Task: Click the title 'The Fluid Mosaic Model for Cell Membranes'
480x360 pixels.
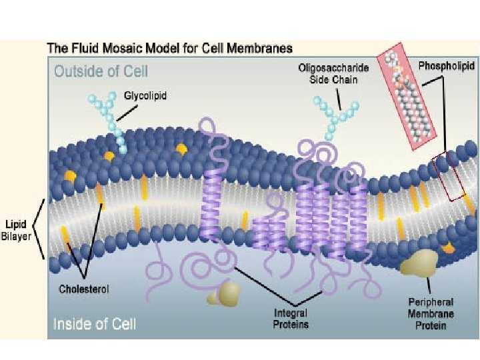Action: tap(169, 49)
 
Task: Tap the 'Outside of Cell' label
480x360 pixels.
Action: tap(101, 70)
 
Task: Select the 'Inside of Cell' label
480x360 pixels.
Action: tap(95, 324)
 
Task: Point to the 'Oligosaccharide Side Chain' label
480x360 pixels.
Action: tap(333, 75)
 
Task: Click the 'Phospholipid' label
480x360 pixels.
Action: tap(447, 66)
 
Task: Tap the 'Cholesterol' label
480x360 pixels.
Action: tap(84, 289)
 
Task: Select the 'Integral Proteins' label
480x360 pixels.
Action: tap(291, 318)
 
